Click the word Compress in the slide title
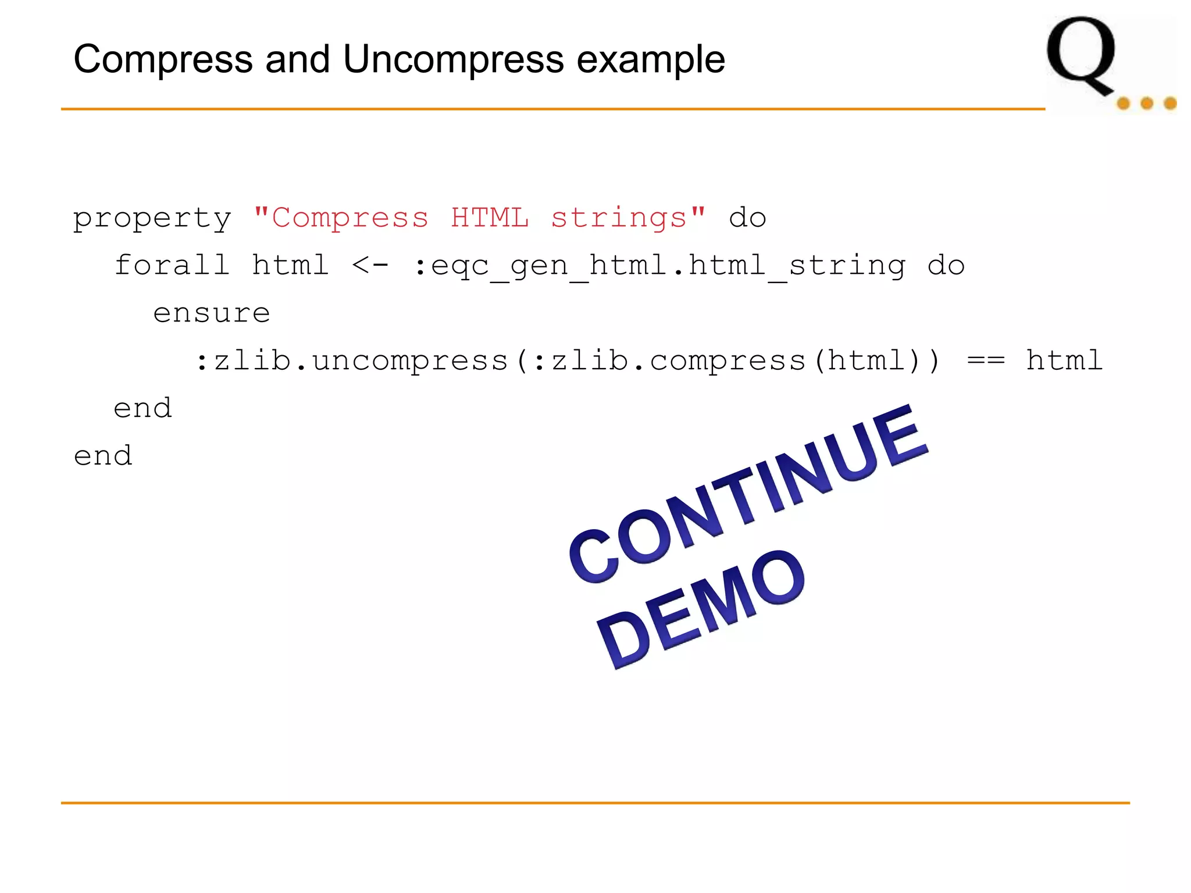(x=163, y=59)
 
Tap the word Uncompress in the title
(x=454, y=59)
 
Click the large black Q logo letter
(x=1082, y=55)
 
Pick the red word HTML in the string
(x=490, y=217)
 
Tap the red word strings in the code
(x=619, y=219)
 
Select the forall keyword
(x=172, y=265)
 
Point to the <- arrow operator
(x=370, y=266)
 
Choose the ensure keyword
(x=212, y=313)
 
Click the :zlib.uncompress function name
(x=352, y=361)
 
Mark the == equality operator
(x=986, y=361)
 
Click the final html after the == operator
(x=1064, y=360)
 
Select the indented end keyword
(x=143, y=408)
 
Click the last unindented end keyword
(x=104, y=456)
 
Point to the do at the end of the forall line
(x=946, y=266)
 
